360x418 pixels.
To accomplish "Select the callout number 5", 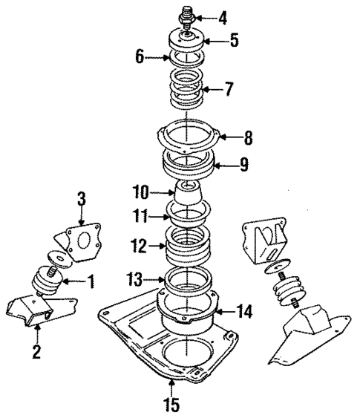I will coord(235,42).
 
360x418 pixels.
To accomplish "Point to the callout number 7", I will coord(229,90).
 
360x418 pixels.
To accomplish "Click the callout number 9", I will coord(243,165).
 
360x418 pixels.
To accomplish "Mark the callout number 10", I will coord(142,193).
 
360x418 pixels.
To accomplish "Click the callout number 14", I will coord(244,312).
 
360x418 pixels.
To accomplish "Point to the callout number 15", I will coord(171,406).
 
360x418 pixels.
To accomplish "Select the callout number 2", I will coord(35,350).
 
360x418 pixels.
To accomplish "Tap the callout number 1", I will coord(91,281).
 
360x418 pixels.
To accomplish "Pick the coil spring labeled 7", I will coord(185,89).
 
